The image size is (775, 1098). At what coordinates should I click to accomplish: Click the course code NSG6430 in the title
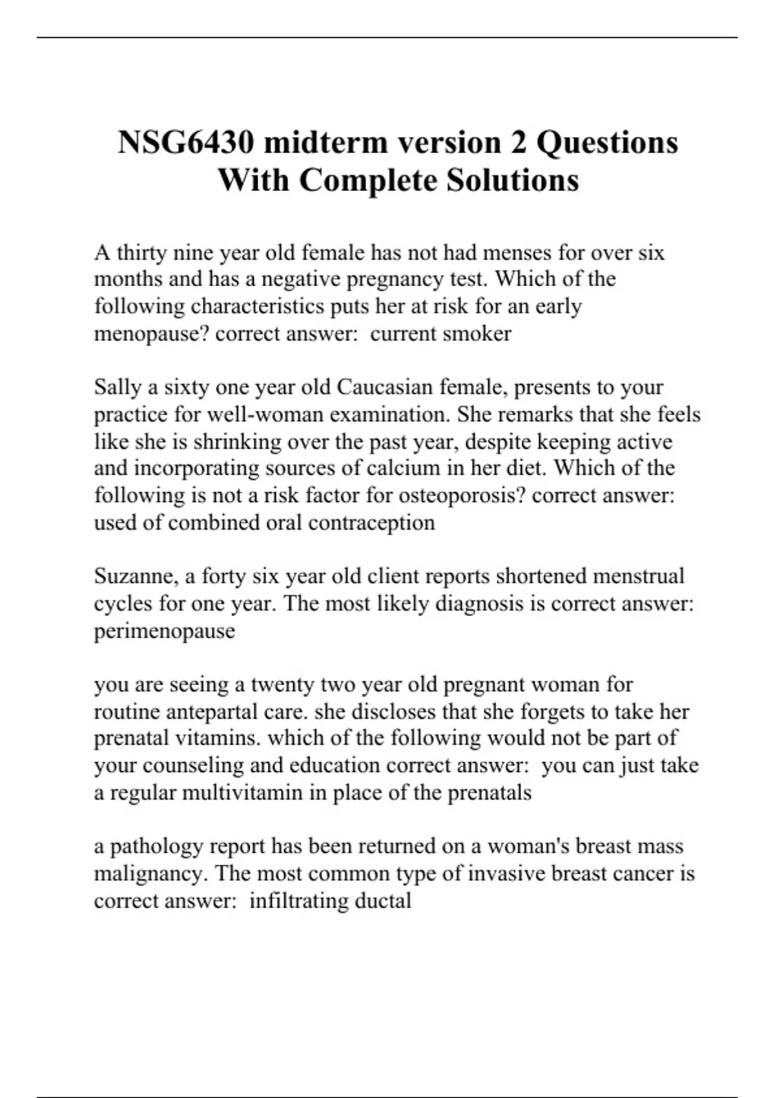pos(187,143)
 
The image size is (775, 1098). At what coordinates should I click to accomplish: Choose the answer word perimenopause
pos(164,630)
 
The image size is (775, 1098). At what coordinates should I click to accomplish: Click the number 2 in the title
pos(519,143)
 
